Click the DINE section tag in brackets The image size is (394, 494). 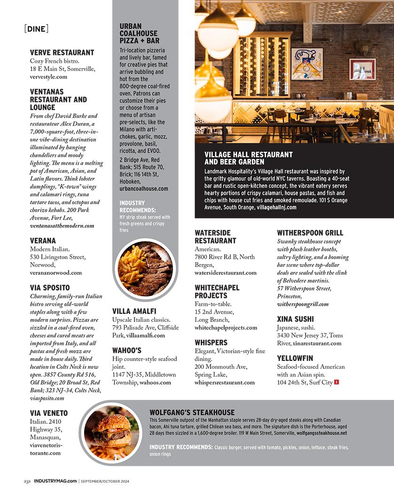[36, 29]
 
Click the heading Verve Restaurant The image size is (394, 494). [62, 53]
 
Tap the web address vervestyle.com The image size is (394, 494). [48, 77]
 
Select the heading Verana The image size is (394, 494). [43, 240]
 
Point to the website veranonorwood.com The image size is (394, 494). [55, 272]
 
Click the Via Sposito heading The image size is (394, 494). [50, 287]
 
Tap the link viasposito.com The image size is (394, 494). [47, 398]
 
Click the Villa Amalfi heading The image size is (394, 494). [134, 311]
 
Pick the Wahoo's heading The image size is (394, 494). [126, 351]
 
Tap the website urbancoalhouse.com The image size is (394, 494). [143, 189]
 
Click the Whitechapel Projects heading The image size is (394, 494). [217, 292]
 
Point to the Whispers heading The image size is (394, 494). [211, 343]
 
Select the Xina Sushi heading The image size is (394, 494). [296, 319]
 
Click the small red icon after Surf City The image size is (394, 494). [336, 382]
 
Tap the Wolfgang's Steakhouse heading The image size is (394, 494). [192, 413]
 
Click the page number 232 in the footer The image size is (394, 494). [27, 481]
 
